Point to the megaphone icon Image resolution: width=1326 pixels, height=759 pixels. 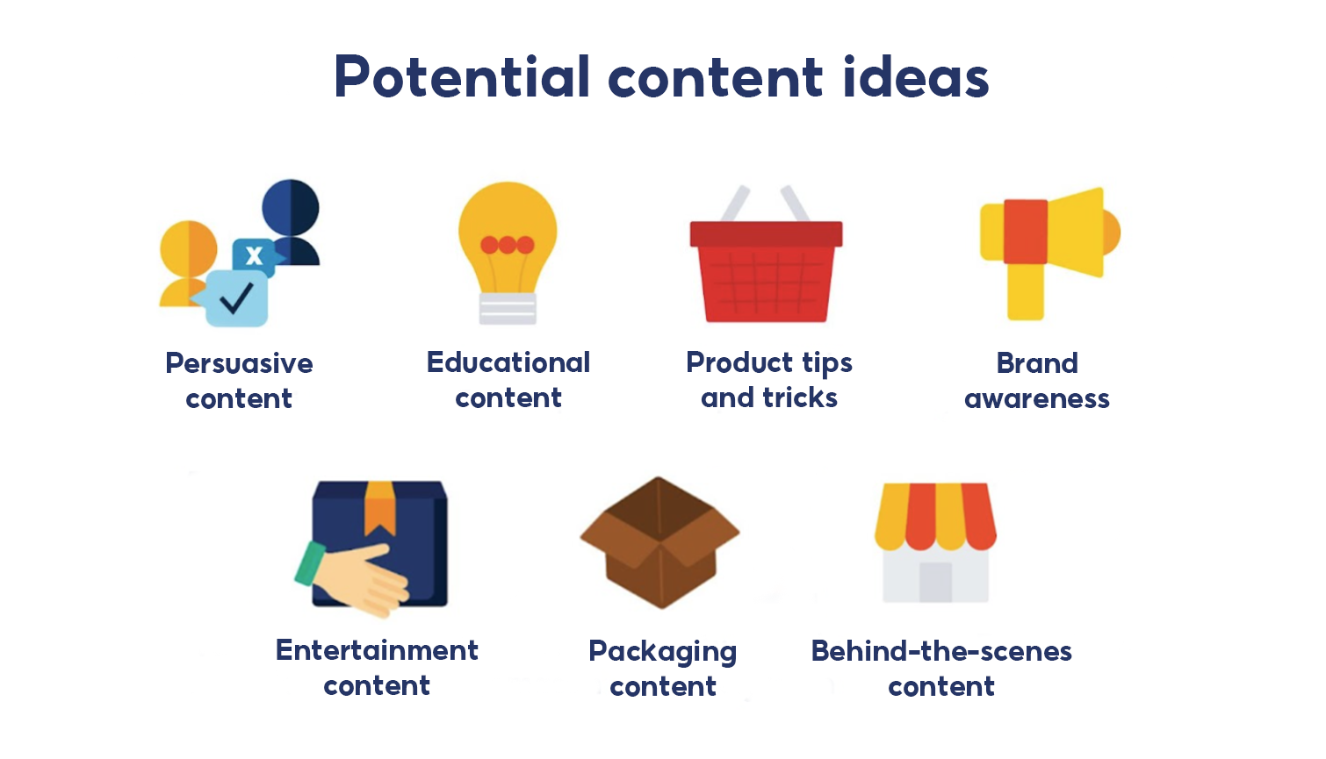point(1049,246)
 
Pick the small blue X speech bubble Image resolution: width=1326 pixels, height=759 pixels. point(254,255)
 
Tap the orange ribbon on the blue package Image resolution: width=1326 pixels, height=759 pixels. point(380,507)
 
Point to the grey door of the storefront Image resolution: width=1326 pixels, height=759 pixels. point(935,582)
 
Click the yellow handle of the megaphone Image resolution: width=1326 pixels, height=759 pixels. point(1025,291)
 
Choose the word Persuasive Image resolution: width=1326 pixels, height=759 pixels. point(239,363)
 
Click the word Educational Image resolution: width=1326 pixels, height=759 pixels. point(508,362)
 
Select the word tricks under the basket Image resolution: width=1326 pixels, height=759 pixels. point(800,397)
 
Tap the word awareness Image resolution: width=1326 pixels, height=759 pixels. point(1037,399)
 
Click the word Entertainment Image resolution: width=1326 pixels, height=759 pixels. point(377,650)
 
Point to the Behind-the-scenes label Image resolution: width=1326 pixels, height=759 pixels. point(941,651)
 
